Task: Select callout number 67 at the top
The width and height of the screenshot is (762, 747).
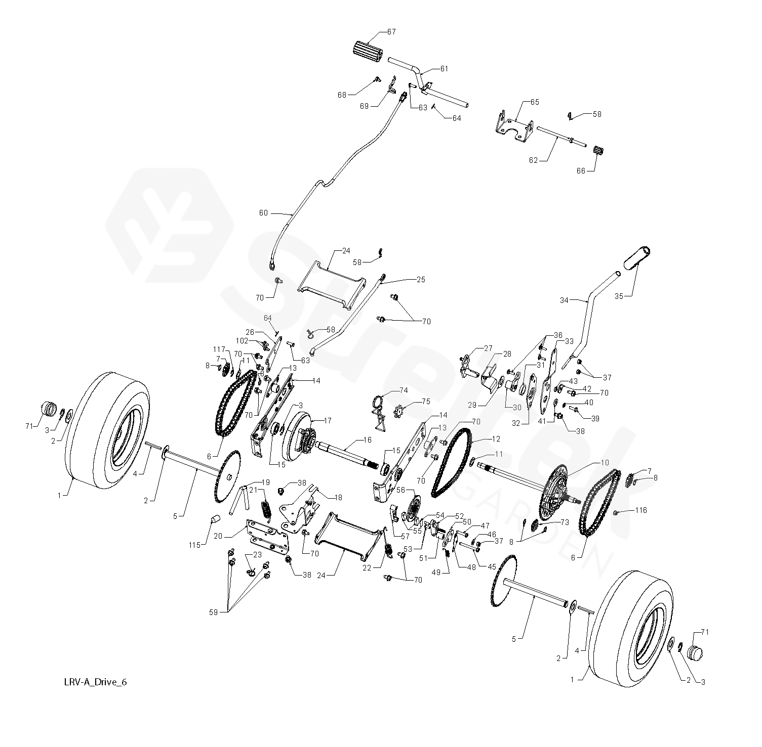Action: (x=391, y=32)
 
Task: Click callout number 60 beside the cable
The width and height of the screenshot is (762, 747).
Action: (x=263, y=213)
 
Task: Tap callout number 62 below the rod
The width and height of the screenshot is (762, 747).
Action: (x=533, y=160)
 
